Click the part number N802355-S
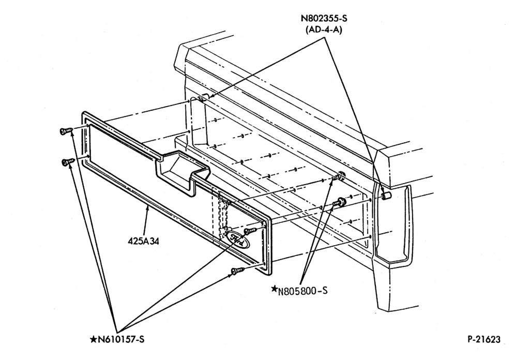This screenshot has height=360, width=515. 324,18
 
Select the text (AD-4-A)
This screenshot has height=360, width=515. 324,29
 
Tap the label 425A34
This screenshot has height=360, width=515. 144,241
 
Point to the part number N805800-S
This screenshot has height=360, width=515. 302,291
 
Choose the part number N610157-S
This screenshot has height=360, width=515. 121,339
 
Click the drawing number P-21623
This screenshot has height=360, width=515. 484,339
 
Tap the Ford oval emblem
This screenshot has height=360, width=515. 238,239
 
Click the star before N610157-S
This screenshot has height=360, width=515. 94,339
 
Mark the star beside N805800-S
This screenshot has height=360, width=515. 274,289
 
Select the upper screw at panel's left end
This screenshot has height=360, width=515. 66,131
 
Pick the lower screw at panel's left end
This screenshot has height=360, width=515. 68,161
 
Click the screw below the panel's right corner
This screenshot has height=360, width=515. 238,272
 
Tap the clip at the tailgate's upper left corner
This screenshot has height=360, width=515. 205,97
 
